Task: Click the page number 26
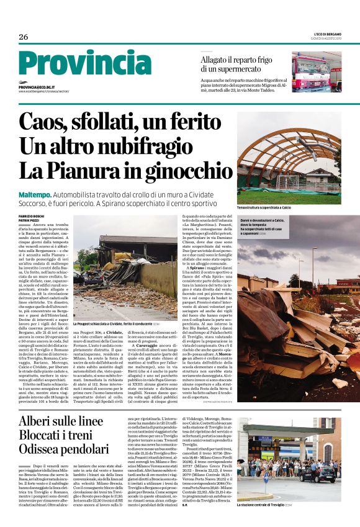tap(24, 37)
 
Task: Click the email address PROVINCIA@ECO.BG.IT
tap(37, 88)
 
